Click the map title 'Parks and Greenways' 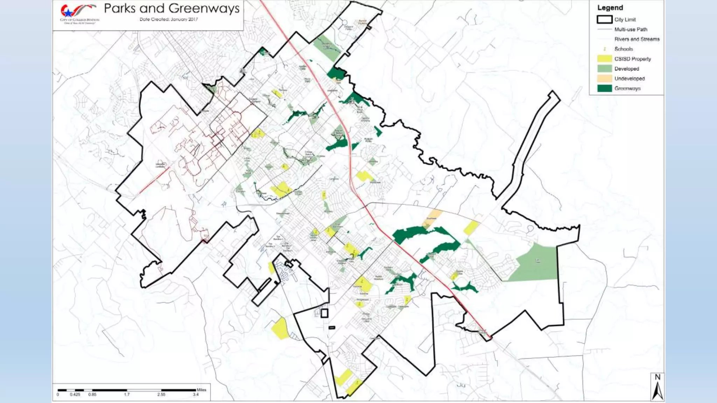click(x=172, y=8)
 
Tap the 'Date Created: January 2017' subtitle click(x=169, y=20)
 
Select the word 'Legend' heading click(x=610, y=8)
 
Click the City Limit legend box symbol click(x=604, y=20)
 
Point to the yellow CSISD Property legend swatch click(x=604, y=59)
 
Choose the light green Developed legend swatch click(x=604, y=69)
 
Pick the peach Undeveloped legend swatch click(x=604, y=78)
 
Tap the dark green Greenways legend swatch click(x=604, y=88)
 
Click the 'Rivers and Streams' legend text click(x=636, y=39)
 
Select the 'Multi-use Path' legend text click(x=631, y=29)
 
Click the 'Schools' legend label click(x=624, y=49)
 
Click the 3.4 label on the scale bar click(x=195, y=395)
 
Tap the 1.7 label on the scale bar click(x=127, y=395)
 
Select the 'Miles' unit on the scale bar click(x=201, y=390)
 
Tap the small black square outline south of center click(x=324, y=313)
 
